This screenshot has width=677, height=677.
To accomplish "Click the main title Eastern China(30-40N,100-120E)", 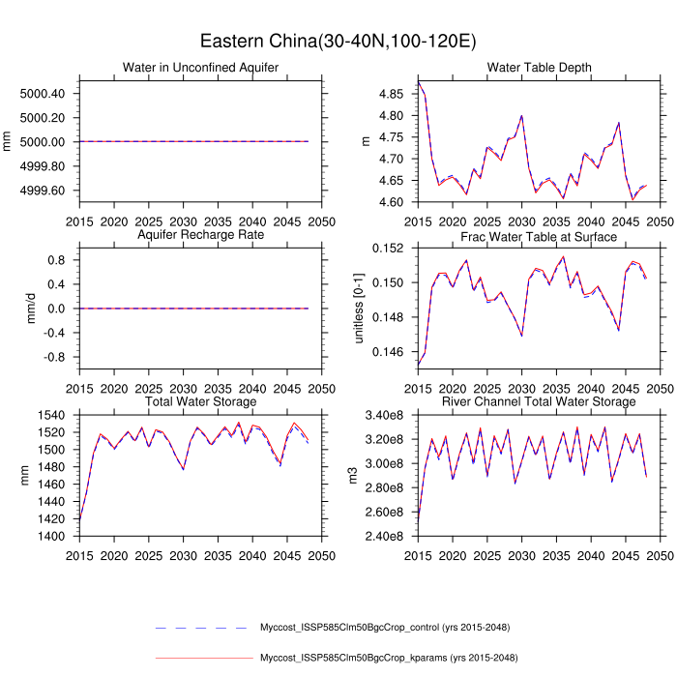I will [338, 41].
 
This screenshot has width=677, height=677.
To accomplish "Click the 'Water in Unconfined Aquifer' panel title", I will [200, 67].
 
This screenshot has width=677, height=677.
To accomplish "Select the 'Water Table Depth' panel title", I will [539, 67].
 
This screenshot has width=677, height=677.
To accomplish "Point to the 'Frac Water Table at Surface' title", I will [539, 234].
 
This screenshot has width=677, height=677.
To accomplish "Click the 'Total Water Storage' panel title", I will [200, 401].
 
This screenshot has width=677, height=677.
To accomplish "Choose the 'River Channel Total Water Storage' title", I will [539, 401].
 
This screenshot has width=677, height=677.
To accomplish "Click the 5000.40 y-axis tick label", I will [42, 94].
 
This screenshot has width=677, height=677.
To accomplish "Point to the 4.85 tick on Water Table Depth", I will [391, 94].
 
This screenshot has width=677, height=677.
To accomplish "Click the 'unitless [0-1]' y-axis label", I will [359, 309].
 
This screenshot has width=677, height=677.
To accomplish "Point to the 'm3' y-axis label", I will [353, 476].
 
